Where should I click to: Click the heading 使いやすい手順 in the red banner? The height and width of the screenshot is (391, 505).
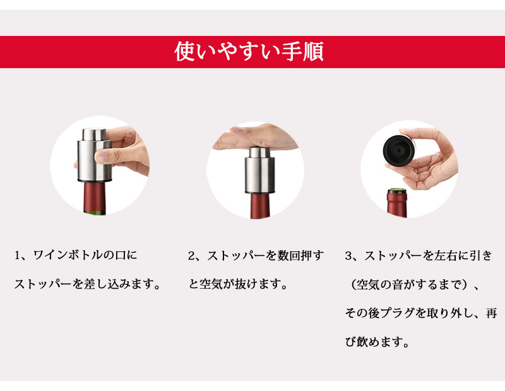[249, 52]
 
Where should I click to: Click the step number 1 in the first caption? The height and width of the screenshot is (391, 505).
[18, 256]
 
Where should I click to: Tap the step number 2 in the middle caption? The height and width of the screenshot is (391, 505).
[192, 256]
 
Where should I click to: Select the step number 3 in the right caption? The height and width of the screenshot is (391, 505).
[348, 256]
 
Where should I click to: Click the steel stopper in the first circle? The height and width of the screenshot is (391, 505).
[94, 155]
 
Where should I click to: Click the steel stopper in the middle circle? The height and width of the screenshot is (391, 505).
[259, 170]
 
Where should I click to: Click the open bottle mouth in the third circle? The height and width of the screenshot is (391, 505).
[396, 191]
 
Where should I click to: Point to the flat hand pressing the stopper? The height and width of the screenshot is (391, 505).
[254, 138]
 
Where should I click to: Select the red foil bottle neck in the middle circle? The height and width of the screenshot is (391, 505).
[259, 207]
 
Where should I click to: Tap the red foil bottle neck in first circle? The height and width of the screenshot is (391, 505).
[95, 196]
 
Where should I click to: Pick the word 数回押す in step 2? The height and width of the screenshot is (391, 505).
[300, 256]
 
